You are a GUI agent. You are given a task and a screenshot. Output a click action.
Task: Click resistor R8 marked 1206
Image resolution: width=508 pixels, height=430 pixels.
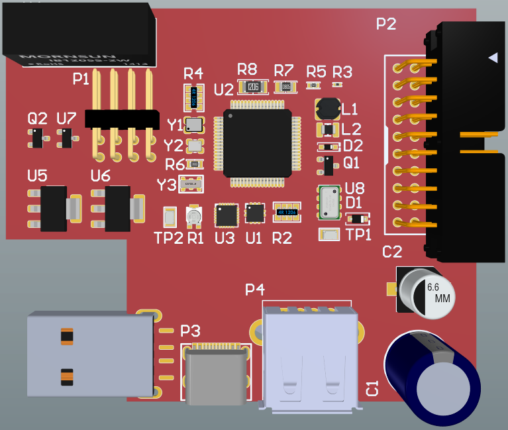click(252, 86)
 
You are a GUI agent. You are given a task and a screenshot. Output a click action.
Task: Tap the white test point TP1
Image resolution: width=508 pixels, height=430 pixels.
click(329, 234)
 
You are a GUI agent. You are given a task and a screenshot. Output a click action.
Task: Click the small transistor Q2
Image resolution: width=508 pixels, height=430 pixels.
click(37, 137)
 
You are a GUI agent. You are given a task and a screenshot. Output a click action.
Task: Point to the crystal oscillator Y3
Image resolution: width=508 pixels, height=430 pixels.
click(191, 185)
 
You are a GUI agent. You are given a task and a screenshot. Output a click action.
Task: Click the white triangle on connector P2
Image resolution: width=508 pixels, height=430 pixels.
click(492, 58)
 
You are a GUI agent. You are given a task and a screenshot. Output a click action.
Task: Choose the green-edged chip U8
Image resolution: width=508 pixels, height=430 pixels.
click(329, 202)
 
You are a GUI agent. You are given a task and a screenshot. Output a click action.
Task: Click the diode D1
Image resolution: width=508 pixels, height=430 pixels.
click(356, 219)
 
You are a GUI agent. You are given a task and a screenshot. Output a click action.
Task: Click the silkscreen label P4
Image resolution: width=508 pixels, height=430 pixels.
click(255, 289)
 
